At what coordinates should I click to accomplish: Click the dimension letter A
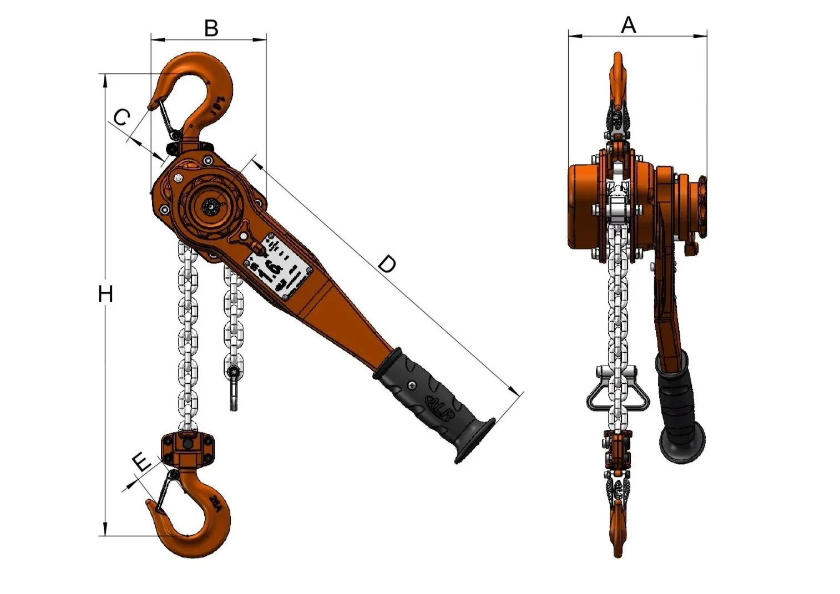[x=628, y=25]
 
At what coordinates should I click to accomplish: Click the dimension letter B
[x=211, y=28]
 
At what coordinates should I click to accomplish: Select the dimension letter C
[x=122, y=117]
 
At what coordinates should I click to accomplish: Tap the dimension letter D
[x=387, y=264]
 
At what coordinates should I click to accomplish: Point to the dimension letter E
[x=142, y=461]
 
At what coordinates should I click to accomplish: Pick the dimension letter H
[x=105, y=294]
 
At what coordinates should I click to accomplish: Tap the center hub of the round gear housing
[x=211, y=207]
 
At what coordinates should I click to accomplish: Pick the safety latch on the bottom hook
[x=165, y=491]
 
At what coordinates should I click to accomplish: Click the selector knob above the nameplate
[x=244, y=236]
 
